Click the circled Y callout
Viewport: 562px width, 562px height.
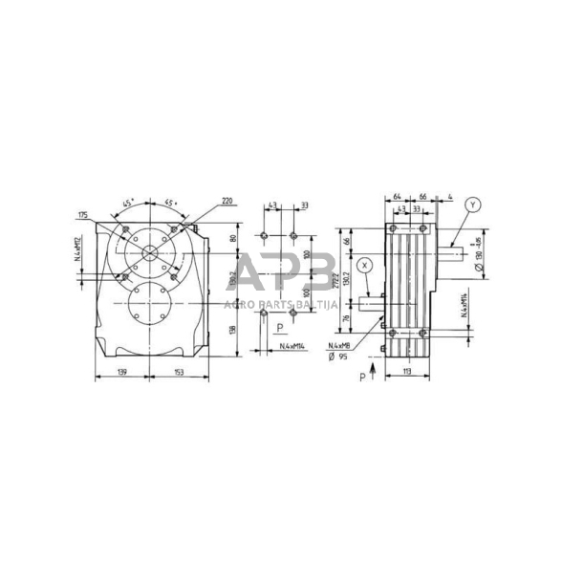473,204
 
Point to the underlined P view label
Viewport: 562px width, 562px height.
278,327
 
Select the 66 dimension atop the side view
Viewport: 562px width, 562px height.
421,197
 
